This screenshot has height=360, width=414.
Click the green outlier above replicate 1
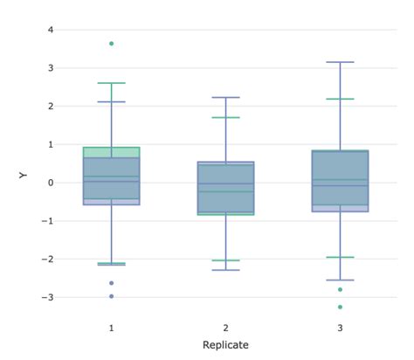click(111, 43)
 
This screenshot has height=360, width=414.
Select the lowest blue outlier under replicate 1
click(111, 296)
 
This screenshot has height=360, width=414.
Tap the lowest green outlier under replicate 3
click(340, 307)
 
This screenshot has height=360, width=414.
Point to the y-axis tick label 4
click(51, 30)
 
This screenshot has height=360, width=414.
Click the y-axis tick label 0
click(51, 183)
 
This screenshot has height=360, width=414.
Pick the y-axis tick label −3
click(48, 297)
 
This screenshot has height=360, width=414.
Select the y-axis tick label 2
click(51, 106)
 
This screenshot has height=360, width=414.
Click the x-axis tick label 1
click(111, 327)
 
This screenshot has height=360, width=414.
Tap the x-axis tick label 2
click(225, 327)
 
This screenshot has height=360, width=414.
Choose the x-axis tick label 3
click(340, 327)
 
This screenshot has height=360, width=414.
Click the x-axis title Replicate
click(225, 345)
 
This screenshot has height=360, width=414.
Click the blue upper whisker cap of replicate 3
click(340, 62)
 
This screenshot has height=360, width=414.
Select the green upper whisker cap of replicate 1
click(111, 83)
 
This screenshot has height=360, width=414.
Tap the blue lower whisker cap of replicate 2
click(225, 269)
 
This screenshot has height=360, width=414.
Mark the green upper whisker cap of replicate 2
click(225, 117)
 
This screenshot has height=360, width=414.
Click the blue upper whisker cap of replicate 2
click(225, 97)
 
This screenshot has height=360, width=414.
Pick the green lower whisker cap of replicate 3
click(340, 257)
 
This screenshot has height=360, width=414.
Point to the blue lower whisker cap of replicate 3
click(340, 280)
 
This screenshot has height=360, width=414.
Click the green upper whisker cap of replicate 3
click(340, 99)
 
